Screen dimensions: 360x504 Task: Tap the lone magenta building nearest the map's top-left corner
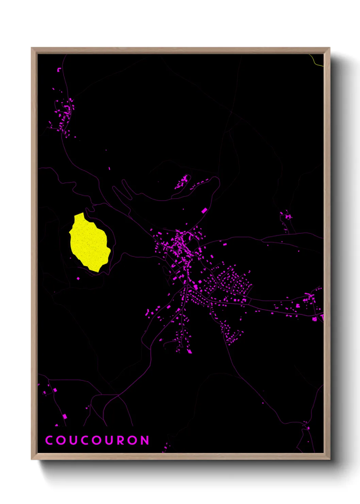tap(59, 70)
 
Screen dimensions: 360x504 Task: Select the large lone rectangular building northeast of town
tap(204, 211)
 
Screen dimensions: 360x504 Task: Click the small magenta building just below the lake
tap(78, 279)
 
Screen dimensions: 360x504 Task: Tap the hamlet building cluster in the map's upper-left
tap(64, 114)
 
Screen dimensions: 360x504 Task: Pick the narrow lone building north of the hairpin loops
tap(110, 168)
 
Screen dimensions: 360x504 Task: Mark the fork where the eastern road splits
tap(250, 300)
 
